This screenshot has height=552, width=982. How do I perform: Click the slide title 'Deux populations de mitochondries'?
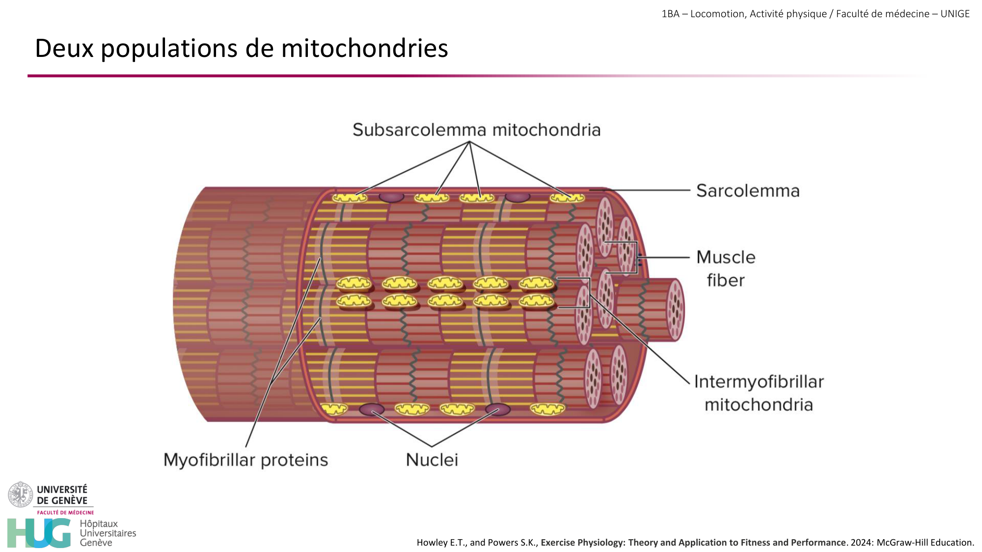(241, 48)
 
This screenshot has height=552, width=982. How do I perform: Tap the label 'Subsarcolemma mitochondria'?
(476, 130)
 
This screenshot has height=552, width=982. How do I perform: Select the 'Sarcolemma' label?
(747, 190)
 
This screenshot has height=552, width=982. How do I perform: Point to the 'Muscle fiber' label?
(726, 268)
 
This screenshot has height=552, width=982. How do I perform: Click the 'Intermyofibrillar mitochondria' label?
(759, 393)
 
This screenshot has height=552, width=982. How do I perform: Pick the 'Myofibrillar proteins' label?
(245, 460)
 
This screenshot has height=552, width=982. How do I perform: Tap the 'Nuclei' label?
(432, 460)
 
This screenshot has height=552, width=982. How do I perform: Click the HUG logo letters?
(39, 533)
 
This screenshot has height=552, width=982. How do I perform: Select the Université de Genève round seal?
(20, 495)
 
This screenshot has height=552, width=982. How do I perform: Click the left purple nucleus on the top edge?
(391, 197)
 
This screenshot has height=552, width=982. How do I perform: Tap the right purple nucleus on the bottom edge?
(498, 409)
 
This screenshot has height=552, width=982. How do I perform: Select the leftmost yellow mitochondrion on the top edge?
(350, 198)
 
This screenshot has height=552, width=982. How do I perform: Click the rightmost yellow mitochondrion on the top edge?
(567, 198)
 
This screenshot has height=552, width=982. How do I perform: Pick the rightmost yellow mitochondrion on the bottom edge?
(547, 408)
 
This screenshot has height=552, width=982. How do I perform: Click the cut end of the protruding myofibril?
(676, 310)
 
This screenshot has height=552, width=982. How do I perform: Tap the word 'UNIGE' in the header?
(955, 14)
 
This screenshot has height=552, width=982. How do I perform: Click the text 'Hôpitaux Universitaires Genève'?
(108, 533)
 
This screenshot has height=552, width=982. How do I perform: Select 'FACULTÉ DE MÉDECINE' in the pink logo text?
(65, 512)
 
